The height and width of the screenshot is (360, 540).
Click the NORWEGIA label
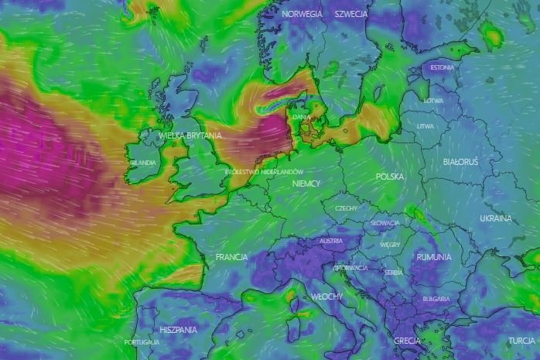pos(302,15)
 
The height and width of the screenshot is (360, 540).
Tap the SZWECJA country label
pos(351,15)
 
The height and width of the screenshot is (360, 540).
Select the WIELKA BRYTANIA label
pos(190,135)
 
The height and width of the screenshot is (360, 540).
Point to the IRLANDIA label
pos(143,163)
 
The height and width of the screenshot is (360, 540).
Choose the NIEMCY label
pos(306,183)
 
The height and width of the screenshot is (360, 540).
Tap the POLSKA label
pos(389,177)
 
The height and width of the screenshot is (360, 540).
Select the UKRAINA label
pos(495,218)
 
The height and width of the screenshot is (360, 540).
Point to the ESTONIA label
pos(442,67)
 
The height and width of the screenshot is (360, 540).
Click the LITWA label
pos(426,125)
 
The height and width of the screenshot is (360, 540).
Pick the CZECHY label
pos(346,208)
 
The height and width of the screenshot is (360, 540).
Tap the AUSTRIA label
pos(330,241)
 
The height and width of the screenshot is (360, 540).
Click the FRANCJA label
pos(231,256)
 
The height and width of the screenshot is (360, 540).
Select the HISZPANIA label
pos(179,329)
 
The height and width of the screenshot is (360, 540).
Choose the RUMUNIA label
pos(432,256)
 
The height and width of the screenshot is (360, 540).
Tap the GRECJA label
pos(406,341)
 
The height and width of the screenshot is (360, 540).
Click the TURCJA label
pos(521,341)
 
